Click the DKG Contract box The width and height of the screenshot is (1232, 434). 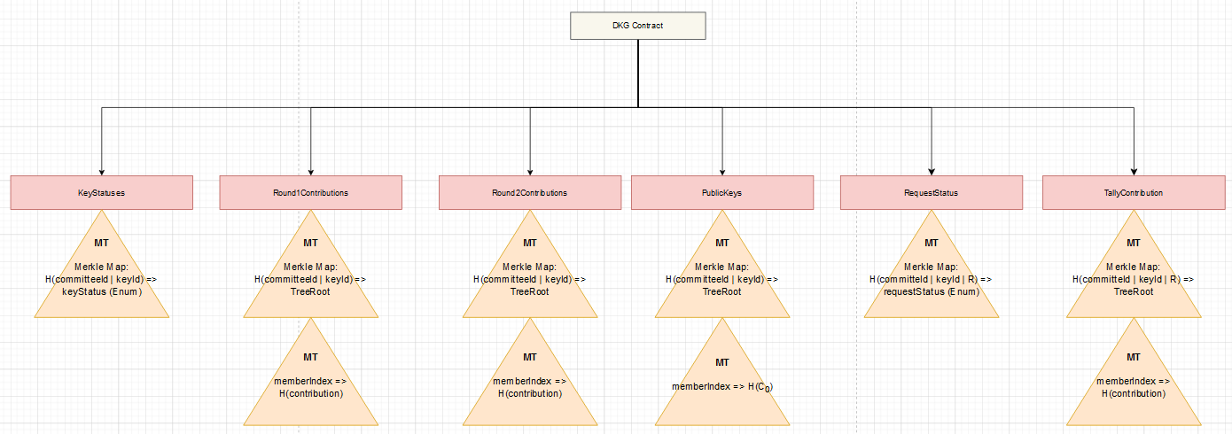coord(638,26)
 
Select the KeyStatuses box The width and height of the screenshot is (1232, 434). coord(102,193)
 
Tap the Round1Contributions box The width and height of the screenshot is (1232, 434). coord(311,193)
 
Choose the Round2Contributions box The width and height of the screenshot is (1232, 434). coord(530,193)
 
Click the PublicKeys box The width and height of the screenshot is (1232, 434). coord(722,193)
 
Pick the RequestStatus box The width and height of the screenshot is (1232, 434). coord(932,193)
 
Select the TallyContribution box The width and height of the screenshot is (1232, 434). coord(1134,193)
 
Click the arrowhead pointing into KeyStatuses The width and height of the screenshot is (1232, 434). coord(102,173)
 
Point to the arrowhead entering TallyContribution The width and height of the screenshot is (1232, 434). coord(1134,173)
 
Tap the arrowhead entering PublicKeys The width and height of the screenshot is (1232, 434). coord(722,173)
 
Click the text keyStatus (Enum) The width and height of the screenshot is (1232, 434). coord(102,291)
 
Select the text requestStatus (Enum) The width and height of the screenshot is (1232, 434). coord(932,291)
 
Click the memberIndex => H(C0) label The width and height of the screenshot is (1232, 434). coord(722,387)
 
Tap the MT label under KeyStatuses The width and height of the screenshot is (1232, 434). coord(102,243)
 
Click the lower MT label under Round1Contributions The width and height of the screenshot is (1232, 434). coord(311,357)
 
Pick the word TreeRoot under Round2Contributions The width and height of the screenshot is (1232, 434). coord(530,291)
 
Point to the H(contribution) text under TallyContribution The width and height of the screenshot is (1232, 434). coord(1134,393)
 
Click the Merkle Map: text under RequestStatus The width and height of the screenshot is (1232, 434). coord(932,267)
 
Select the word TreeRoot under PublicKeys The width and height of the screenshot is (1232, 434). coord(722,291)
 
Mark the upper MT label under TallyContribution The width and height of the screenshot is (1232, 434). coord(1134,243)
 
